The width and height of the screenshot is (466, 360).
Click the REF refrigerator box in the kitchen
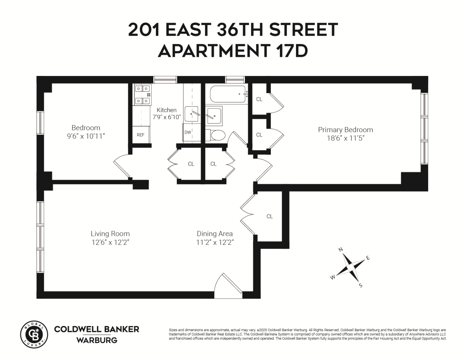pyautogui.click(x=140, y=135)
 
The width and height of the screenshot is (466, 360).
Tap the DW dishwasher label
pyautogui.click(x=188, y=132)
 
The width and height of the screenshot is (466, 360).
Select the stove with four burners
pyautogui.click(x=143, y=95)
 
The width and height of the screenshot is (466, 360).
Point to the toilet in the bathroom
pyautogui.click(x=217, y=135)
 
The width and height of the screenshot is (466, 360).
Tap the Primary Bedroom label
pyautogui.click(x=345, y=130)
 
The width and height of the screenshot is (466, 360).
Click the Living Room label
pyautogui.click(x=110, y=234)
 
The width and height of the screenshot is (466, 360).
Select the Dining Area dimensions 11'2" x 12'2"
pyautogui.click(x=215, y=242)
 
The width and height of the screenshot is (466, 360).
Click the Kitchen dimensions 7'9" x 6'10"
pyautogui.click(x=166, y=117)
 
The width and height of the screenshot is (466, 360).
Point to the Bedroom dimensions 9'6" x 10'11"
pyautogui.click(x=86, y=136)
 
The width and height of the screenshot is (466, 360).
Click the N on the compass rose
pyautogui.click(x=341, y=249)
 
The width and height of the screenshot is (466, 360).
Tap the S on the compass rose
pyautogui.click(x=360, y=285)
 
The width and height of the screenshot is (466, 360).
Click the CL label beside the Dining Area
pyautogui.click(x=269, y=216)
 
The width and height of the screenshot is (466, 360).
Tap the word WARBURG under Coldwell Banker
pyautogui.click(x=97, y=340)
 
